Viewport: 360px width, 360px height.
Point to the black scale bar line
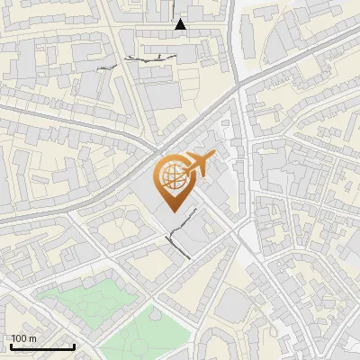pyautogui.click(x=42, y=346)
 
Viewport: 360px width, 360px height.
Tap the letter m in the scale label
pyautogui.click(x=32, y=338)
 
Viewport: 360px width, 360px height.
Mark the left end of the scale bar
pyautogui.click(x=11, y=346)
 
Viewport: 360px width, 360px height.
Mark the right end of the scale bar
pyautogui.click(x=74, y=346)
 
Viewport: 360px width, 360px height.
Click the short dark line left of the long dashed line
pyautogui.click(x=107, y=67)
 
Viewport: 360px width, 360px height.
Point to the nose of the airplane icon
pyautogui.click(x=215, y=157)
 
